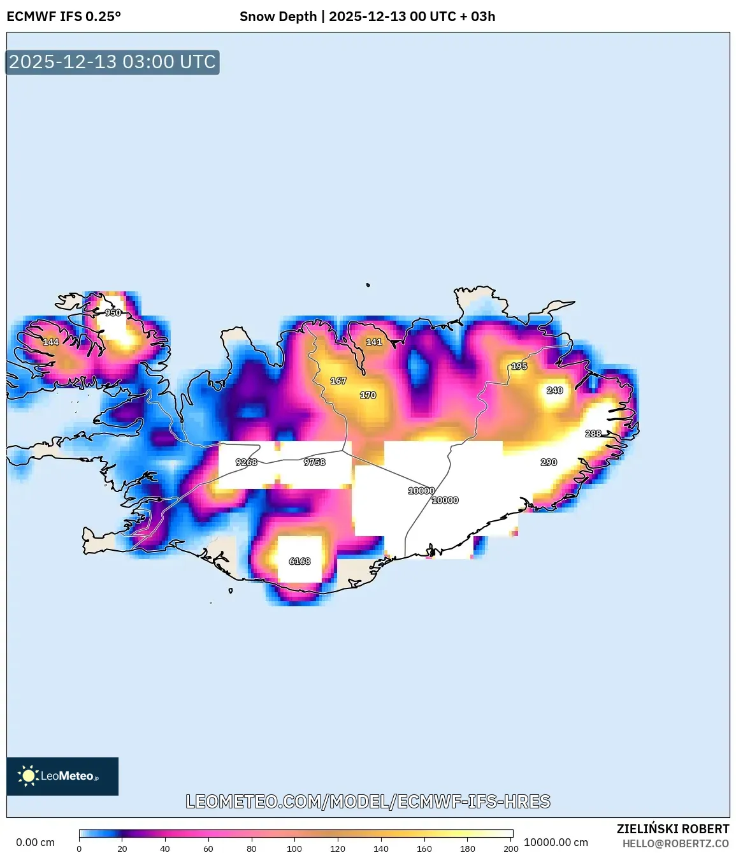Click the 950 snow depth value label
[113, 313]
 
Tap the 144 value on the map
[51, 342]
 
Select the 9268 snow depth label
[247, 462]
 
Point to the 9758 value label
[315, 462]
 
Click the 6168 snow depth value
[299, 561]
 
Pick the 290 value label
[549, 462]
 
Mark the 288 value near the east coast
[593, 434]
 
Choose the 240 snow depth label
[555, 390]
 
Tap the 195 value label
[519, 367]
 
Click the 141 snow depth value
[374, 342]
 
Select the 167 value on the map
[338, 381]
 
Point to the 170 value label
[368, 395]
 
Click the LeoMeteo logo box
[62, 776]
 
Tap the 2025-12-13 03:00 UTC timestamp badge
[112, 62]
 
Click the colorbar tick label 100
[294, 849]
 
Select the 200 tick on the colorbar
[511, 849]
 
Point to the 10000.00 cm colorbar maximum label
[556, 842]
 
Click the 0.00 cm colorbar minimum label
[36, 842]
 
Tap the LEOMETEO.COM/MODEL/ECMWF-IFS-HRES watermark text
[368, 801]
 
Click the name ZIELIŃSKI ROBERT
[673, 829]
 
